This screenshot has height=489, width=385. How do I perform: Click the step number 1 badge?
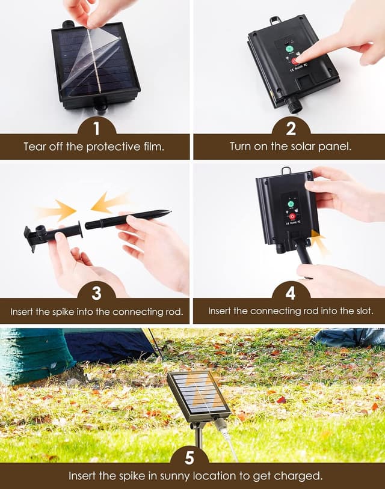coord(96,129)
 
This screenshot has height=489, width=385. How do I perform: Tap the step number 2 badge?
coord(291,129)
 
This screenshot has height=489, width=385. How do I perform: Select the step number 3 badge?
coord(96,294)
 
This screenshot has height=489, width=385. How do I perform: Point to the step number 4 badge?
coord(291,294)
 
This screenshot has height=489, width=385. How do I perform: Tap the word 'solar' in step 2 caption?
coord(300,146)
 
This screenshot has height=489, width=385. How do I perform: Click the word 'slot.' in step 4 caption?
coord(365,311)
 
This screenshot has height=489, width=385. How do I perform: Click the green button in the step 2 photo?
coord(289,49)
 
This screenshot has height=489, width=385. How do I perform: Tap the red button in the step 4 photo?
coord(292,216)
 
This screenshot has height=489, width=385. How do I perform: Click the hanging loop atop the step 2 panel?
coord(276,20)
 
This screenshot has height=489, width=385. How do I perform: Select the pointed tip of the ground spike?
coord(170,211)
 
